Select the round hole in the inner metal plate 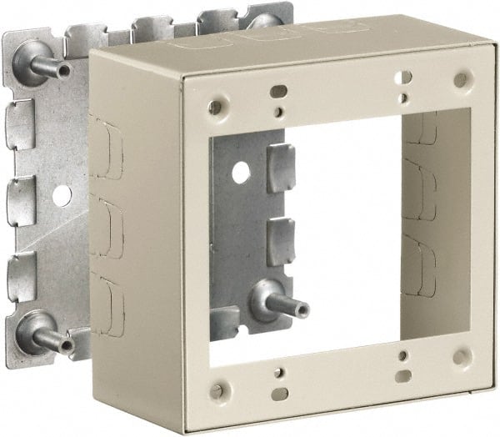[x=242, y=173]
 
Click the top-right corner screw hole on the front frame [x=459, y=80]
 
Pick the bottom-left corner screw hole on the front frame [x=217, y=389]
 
